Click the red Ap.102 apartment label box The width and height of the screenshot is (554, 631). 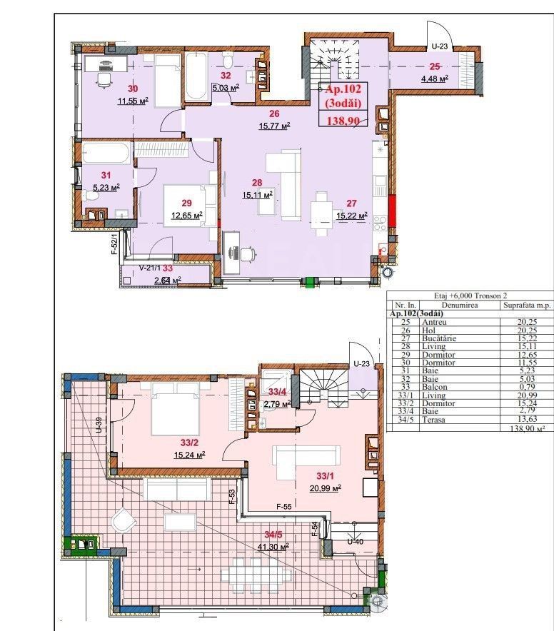tap(346, 104)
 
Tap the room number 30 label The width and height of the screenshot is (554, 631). tap(133, 89)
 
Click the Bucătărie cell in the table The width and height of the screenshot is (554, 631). tap(437, 338)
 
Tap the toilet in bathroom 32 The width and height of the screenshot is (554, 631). tap(228, 56)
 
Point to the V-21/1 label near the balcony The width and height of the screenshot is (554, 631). tap(148, 268)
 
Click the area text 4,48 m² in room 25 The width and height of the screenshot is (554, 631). tap(433, 79)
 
